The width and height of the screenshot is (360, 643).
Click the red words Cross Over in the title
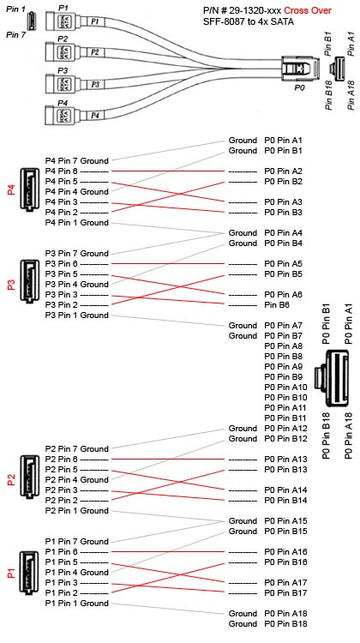click(x=308, y=10)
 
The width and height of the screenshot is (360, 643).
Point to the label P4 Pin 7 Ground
click(x=76, y=161)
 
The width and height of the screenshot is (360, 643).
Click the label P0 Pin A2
click(x=284, y=171)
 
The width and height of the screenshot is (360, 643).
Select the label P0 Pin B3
click(x=284, y=213)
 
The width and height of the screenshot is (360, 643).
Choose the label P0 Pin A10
click(x=285, y=388)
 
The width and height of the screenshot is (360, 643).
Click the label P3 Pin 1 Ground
click(x=76, y=315)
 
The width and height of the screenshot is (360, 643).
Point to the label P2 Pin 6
click(x=62, y=460)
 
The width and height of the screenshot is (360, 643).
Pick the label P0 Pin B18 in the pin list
click(x=284, y=624)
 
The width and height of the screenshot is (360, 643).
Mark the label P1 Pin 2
click(x=62, y=593)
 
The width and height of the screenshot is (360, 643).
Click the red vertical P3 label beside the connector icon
click(x=11, y=284)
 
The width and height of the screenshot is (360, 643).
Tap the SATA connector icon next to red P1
click(x=29, y=573)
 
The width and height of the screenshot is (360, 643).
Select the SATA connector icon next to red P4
click(x=29, y=189)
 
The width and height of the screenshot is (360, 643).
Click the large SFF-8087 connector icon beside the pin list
click(x=332, y=378)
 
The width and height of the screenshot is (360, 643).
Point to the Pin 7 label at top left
click(x=16, y=35)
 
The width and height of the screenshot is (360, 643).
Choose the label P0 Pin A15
click(x=284, y=521)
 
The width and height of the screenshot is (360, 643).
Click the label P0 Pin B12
click(x=285, y=439)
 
